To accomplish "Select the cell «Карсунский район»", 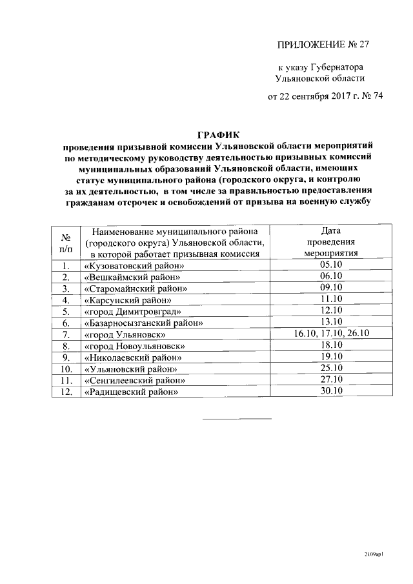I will tap(128, 299).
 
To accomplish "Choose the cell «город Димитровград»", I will tap(133, 311).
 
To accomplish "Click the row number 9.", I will tap(65, 357).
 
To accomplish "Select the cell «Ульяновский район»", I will tap(131, 368).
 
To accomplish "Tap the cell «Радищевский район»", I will tap(131, 392).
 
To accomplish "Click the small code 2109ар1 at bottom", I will tap(372, 554).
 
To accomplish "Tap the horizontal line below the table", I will tap(237, 419).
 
